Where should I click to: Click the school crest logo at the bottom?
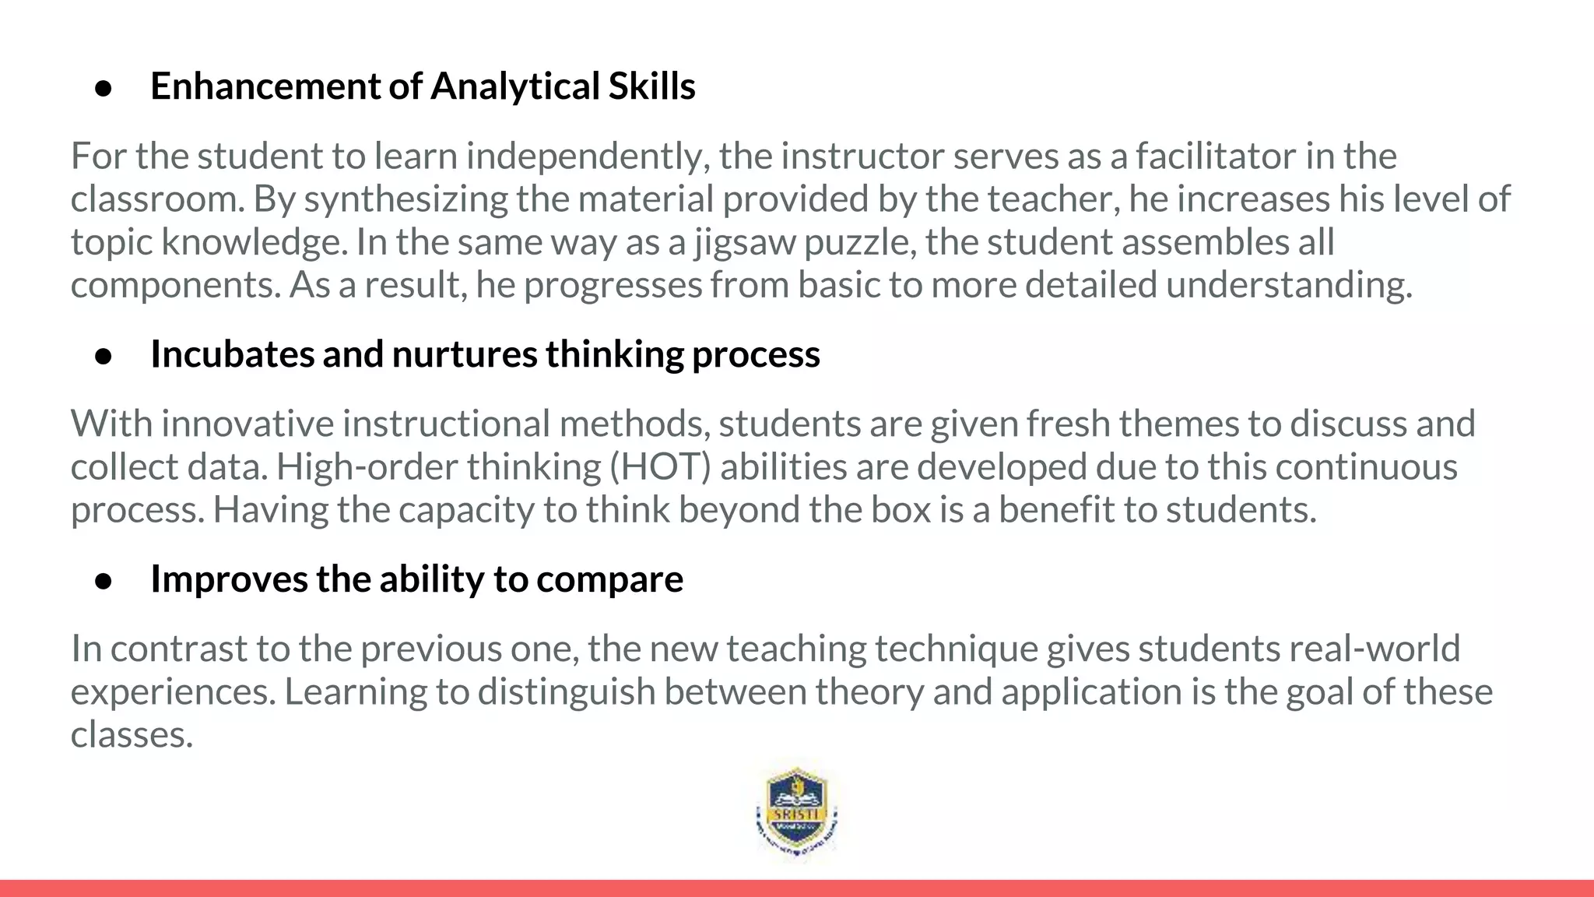797,813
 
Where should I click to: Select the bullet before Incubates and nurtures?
104,357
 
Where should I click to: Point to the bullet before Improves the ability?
104,582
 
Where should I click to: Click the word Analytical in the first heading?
514,86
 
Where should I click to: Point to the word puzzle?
856,242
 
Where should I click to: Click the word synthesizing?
406,199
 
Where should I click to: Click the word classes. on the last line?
132,734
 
